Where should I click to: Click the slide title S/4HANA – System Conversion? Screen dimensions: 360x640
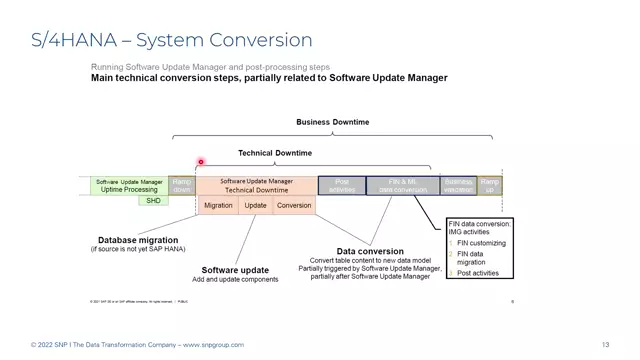pos(171,40)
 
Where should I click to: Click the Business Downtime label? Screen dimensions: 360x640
pos(332,122)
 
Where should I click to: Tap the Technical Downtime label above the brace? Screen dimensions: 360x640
pos(274,153)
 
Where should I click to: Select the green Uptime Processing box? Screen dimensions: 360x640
pos(128,185)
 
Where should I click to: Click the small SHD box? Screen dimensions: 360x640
pos(153,201)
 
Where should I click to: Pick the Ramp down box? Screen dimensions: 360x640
pos(182,185)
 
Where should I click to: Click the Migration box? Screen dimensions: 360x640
pos(217,205)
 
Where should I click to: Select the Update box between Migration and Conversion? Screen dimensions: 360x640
pos(256,205)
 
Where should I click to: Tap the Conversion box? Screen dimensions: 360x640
pos(294,205)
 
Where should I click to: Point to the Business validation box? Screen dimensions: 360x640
pos(459,185)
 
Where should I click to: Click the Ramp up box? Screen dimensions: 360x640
pos(489,185)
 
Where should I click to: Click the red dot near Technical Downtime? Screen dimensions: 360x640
pos(201,162)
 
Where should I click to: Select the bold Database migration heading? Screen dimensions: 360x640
pos(138,240)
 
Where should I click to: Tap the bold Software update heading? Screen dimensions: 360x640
pos(235,270)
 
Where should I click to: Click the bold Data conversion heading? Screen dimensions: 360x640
pos(370,251)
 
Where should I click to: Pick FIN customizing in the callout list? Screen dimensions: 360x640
pos(482,243)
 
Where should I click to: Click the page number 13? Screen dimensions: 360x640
pos(605,345)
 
